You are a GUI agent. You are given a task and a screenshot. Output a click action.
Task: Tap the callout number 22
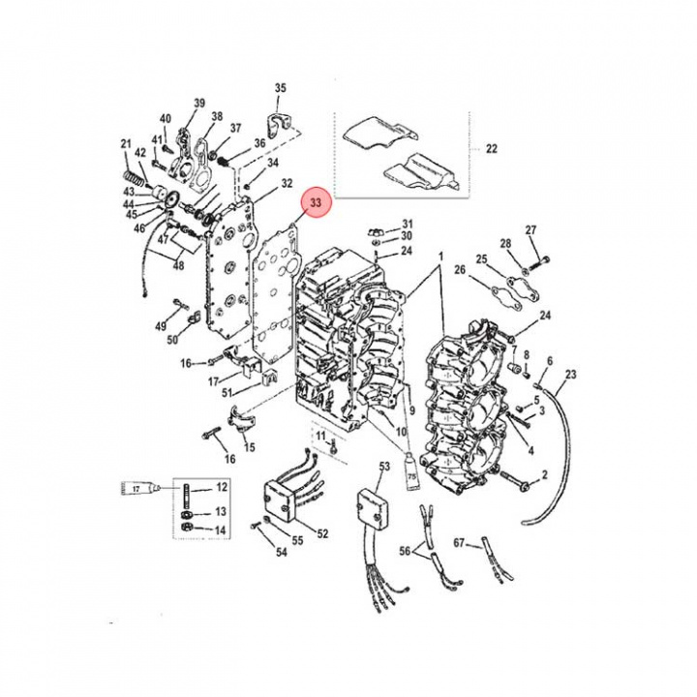pyautogui.click(x=491, y=149)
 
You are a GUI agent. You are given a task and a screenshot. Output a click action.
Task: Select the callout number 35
pyautogui.click(x=281, y=89)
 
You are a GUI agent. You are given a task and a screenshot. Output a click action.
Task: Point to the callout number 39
pyautogui.click(x=199, y=104)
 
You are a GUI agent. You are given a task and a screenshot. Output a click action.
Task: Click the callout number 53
pyautogui.click(x=384, y=468)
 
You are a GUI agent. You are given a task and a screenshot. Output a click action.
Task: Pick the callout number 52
pyautogui.click(x=322, y=533)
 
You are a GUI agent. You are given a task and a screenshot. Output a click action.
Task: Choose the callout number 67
pyautogui.click(x=460, y=543)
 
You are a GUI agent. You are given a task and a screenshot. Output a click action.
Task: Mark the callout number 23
pyautogui.click(x=570, y=374)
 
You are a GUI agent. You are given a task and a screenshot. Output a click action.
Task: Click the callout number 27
pyautogui.click(x=530, y=229)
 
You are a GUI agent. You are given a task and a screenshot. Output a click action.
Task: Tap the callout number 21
pyautogui.click(x=125, y=145)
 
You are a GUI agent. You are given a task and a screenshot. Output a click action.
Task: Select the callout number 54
pyautogui.click(x=282, y=553)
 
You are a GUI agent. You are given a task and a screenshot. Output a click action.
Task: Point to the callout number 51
pyautogui.click(x=227, y=392)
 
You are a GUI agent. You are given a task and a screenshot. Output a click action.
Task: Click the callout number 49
pyautogui.click(x=161, y=325)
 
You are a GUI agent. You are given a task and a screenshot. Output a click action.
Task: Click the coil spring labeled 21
pyautogui.click(x=136, y=180)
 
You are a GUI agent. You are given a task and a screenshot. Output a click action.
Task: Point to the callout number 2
pyautogui.click(x=544, y=474)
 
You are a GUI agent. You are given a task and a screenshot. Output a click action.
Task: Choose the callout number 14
pyautogui.click(x=221, y=530)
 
